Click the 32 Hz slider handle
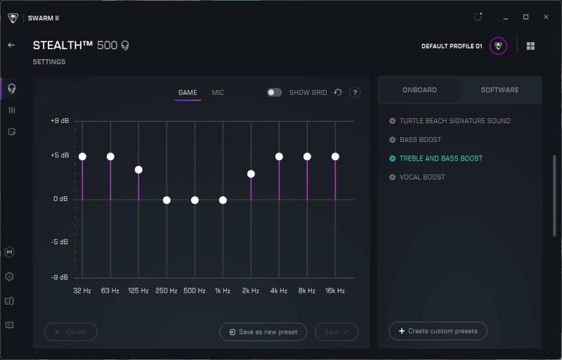point(82,157)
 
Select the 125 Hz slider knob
point(138,169)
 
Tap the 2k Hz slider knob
point(251,174)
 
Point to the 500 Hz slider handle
point(195,200)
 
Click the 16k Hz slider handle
point(335,157)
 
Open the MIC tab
point(218,93)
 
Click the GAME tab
point(188,93)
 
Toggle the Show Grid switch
point(274,93)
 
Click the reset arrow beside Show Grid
point(338,93)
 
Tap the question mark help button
point(355,93)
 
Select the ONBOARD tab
point(419,90)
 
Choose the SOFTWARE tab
point(499,90)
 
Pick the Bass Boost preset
point(420,139)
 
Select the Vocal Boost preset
point(422,176)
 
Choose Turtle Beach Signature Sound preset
point(455,121)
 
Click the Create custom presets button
point(438,331)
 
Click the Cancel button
point(71,332)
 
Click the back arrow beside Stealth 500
point(11,45)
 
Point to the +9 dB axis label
point(60,121)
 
